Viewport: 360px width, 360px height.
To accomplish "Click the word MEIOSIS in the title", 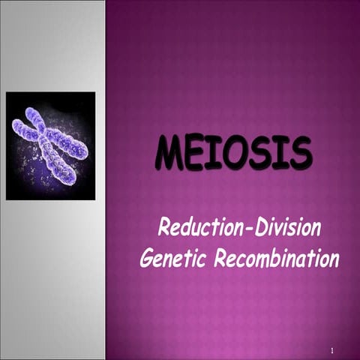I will click(x=233, y=154).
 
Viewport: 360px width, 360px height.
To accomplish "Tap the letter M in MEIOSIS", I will click(x=169, y=154).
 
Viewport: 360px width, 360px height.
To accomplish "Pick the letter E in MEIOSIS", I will click(x=196, y=154).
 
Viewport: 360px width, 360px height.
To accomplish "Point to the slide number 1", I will click(x=331, y=350).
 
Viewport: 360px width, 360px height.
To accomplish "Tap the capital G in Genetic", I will click(x=148, y=259).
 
